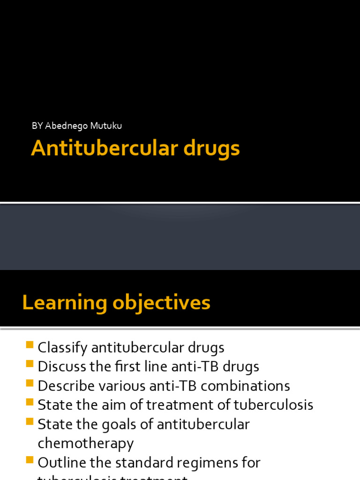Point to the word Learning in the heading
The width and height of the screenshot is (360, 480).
64,303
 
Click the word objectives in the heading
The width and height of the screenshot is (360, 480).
161,303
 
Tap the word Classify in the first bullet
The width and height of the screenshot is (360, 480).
62,348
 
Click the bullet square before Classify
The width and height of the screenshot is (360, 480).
30,345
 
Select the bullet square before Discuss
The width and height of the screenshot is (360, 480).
30,364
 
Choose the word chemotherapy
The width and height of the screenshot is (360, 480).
86,443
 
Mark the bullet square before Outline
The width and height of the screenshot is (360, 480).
30,460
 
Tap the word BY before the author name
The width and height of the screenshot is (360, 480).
37,126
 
